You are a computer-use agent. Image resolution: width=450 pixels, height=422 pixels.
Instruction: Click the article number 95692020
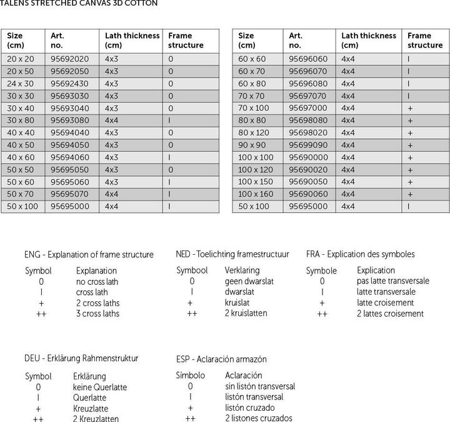(x=69, y=59)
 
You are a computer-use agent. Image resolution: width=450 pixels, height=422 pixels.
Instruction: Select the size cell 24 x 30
(x=21, y=83)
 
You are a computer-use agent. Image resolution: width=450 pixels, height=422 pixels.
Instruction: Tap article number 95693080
(x=69, y=120)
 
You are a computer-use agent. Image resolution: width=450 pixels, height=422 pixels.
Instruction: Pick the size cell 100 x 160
(x=256, y=194)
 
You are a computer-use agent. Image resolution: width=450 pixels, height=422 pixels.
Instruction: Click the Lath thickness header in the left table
(x=132, y=40)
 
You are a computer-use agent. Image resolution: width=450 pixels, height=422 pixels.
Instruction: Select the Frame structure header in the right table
(x=425, y=40)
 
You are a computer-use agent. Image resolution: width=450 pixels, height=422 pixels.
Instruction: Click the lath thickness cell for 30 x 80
(x=112, y=120)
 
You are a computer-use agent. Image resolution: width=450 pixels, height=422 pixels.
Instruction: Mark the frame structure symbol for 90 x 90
(x=410, y=145)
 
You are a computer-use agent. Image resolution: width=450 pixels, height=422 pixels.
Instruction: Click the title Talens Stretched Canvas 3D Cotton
(x=78, y=3)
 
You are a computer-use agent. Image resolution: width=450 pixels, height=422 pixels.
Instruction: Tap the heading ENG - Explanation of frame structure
(x=89, y=255)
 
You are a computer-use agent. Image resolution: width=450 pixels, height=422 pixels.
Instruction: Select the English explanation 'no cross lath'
(x=97, y=282)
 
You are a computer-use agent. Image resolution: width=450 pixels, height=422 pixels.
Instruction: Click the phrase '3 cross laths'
(x=97, y=314)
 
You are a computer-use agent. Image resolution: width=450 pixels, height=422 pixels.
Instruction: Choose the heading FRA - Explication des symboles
(x=361, y=254)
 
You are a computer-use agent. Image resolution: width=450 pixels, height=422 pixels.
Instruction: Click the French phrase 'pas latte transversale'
(x=393, y=281)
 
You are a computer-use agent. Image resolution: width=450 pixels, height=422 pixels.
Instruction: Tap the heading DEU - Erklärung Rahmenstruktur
(x=81, y=359)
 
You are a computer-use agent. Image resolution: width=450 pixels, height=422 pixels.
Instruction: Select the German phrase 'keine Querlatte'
(x=100, y=387)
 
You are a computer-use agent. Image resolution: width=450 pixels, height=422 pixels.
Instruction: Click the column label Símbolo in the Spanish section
(x=191, y=376)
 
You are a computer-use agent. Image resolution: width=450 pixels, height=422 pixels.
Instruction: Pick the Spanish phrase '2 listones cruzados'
(x=259, y=418)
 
